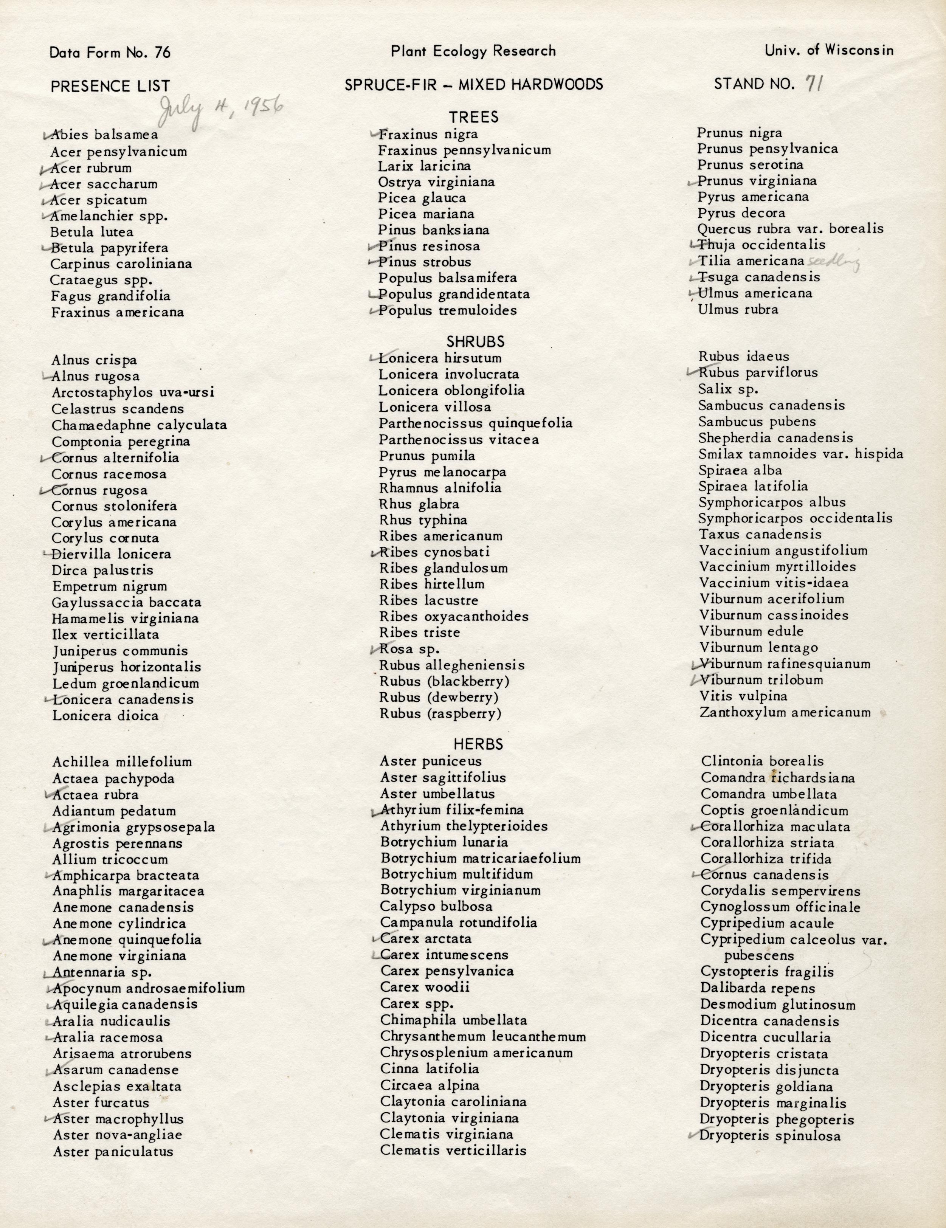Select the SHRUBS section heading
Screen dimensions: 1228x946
[x=475, y=342]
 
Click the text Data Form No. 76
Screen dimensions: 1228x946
[x=110, y=53]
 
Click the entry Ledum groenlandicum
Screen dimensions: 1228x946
[x=126, y=684]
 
